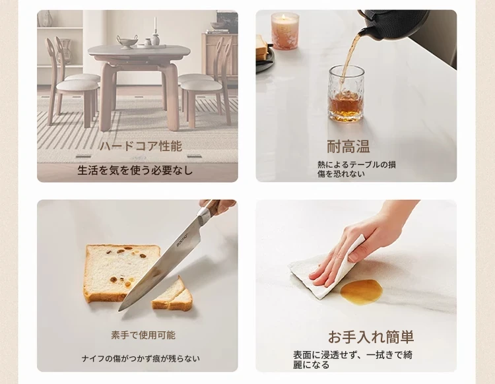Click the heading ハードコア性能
(141, 146)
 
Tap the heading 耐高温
(348, 146)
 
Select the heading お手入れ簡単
(371, 337)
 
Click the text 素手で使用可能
(143, 335)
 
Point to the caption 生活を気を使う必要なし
(135, 170)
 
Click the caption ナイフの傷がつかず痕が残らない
(141, 359)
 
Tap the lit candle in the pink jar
(285, 31)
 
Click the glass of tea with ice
(346, 94)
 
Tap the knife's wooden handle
(218, 206)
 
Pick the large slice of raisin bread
(121, 273)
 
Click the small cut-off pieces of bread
(172, 295)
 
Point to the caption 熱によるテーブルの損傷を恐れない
(356, 169)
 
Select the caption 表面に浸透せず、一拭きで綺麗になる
(352, 360)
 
